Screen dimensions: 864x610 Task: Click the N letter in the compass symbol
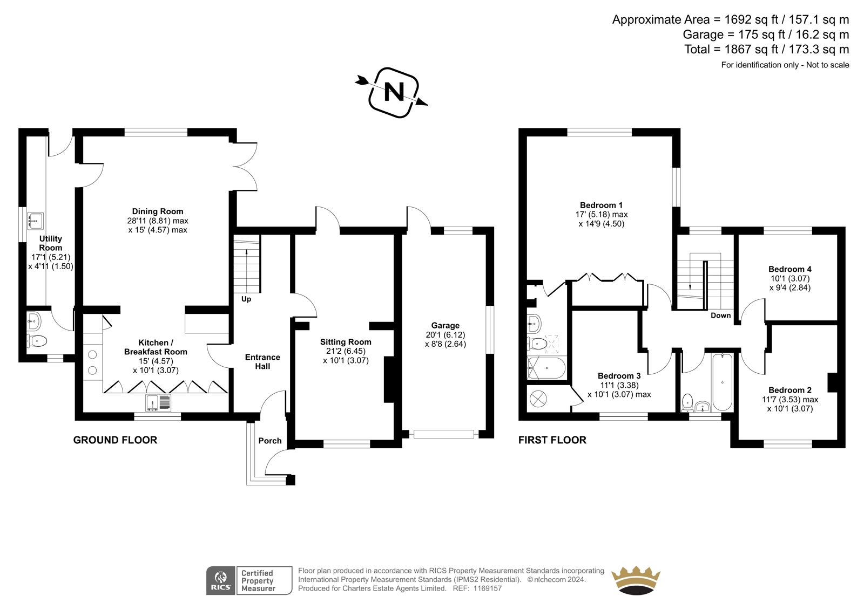tap(394, 92)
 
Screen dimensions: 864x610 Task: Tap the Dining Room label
tap(158, 211)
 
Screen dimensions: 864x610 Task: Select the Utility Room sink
tap(36, 221)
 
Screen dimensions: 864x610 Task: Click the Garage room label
tap(446, 325)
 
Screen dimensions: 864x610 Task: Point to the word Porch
tap(270, 441)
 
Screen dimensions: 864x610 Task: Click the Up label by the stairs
tap(246, 299)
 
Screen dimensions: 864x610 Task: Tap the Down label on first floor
tap(720, 315)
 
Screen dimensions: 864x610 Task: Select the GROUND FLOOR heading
tap(115, 440)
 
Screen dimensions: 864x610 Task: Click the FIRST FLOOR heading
tap(552, 440)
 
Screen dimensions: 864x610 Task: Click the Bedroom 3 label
tap(619, 376)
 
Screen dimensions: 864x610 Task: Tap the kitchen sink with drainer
tap(159, 403)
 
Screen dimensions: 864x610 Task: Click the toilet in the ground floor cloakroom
tap(36, 341)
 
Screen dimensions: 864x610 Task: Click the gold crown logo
tap(636, 580)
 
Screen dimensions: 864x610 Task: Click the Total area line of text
tap(767, 49)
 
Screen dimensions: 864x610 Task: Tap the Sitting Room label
tap(346, 342)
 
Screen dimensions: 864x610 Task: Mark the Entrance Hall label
tap(262, 361)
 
